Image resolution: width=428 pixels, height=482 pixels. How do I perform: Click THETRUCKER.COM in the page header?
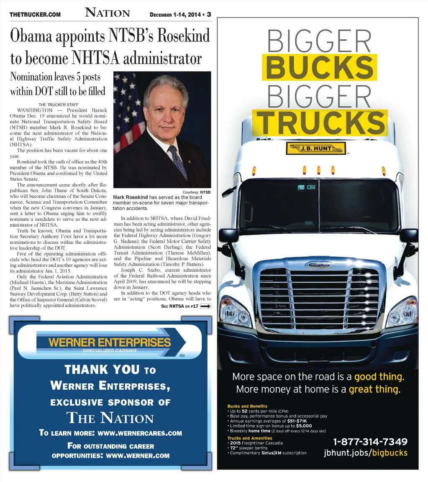35,15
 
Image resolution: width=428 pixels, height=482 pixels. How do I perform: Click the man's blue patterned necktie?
177,161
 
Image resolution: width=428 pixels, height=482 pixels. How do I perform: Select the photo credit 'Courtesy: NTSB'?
197,192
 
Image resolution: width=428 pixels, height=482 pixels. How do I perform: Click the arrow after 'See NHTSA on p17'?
206,306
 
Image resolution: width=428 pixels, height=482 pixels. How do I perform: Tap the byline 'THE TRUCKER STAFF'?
59,105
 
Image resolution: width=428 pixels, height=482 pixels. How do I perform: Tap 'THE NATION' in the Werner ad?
110,418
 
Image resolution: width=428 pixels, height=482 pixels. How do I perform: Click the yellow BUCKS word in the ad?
319,67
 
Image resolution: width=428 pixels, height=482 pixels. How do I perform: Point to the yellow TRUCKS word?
320,123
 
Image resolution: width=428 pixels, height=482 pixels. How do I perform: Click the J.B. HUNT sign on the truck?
316,148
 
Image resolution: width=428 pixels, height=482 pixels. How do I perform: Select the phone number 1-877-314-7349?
370,442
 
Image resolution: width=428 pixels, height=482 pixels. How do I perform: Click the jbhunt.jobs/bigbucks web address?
365,453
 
